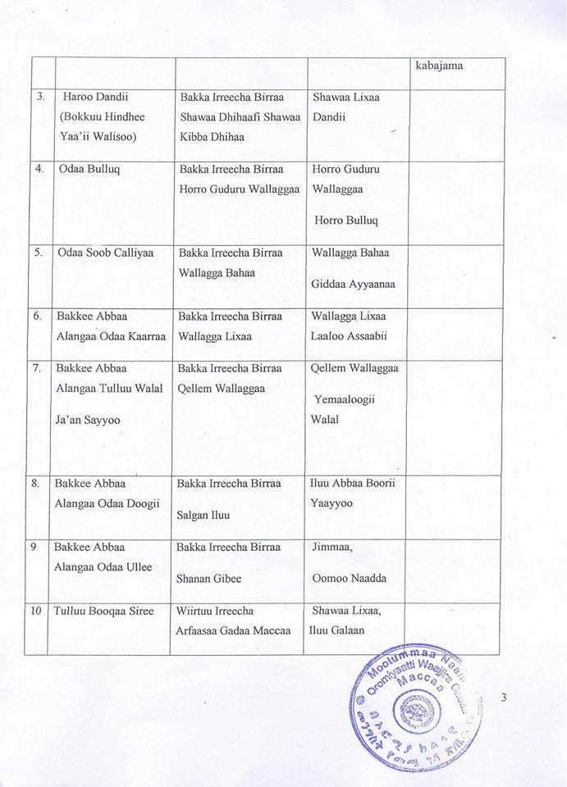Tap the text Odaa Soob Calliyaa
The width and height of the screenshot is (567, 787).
coord(105,252)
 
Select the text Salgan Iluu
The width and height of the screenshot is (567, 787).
coord(203,515)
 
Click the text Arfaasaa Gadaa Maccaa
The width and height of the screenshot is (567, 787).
coord(233,630)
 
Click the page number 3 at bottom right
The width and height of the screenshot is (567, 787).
coord(504,698)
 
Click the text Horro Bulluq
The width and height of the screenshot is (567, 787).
coord(348,221)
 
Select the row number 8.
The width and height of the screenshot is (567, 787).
coord(35,483)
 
